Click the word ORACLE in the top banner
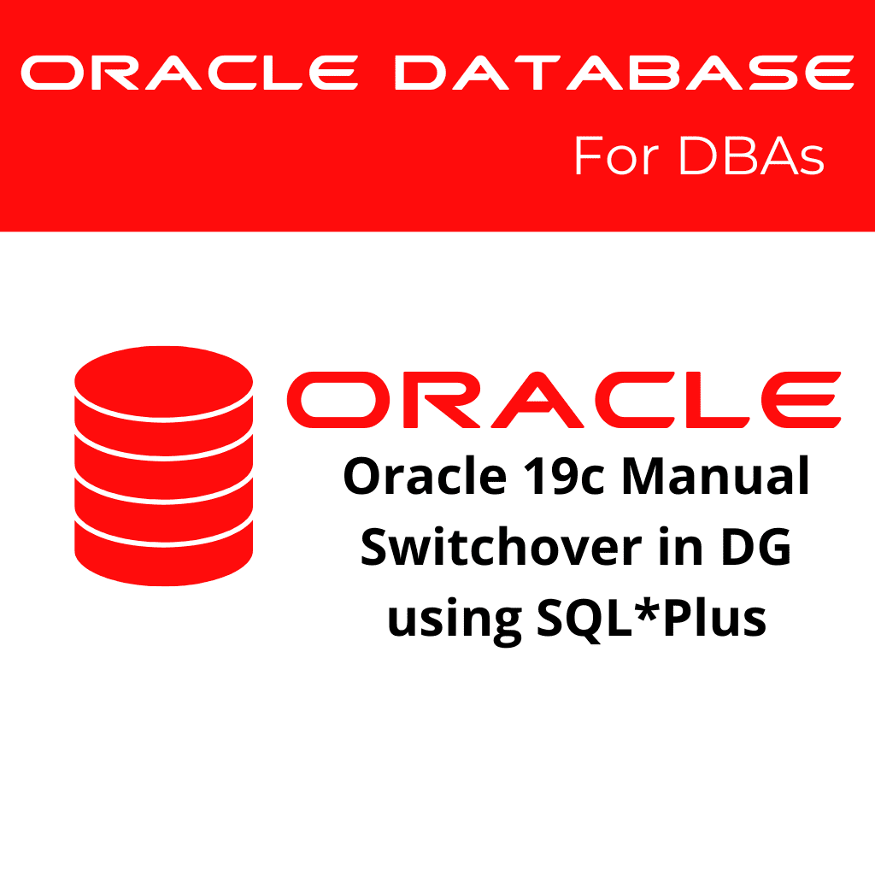tap(189, 73)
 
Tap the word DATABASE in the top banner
tap(623, 73)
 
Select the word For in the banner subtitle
tap(614, 157)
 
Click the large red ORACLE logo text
tap(564, 400)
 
